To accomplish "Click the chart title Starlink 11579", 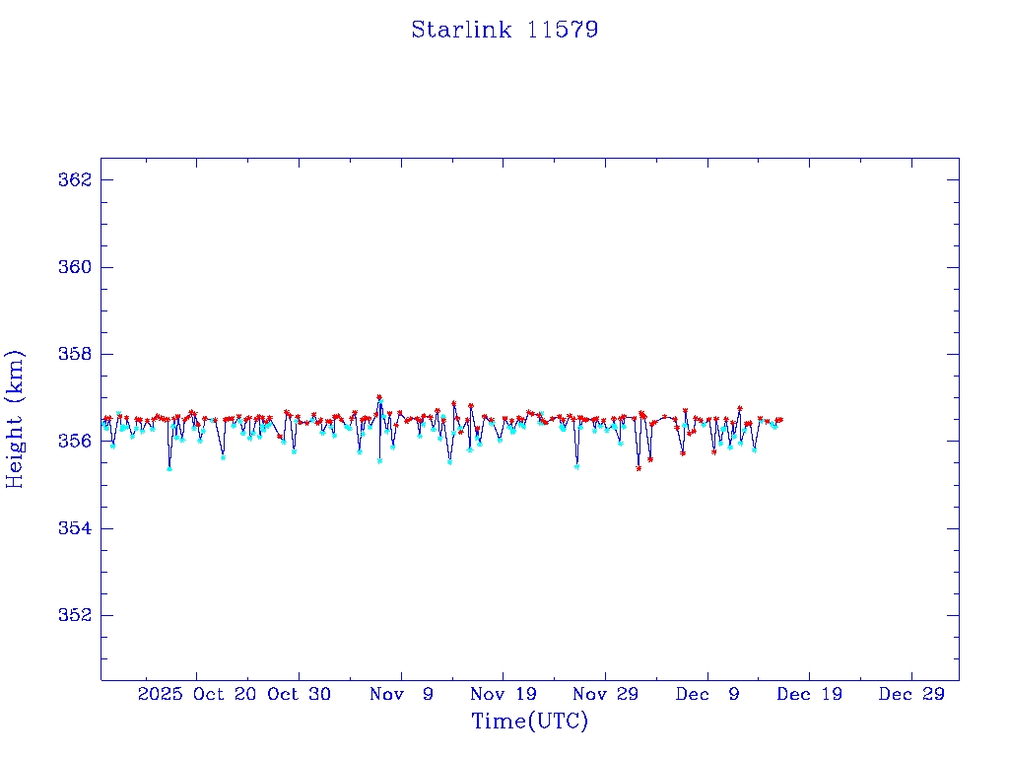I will (504, 30).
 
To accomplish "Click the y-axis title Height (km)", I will (15, 418).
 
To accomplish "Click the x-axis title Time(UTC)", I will (530, 722).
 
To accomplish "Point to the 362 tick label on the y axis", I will (75, 180).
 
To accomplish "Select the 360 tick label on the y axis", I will (75, 267).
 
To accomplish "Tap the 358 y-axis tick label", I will (75, 354).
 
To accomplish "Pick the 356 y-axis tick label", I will (75, 441).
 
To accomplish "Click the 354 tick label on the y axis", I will (75, 528).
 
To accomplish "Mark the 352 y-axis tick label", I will (75, 615).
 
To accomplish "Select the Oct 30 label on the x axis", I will (300, 694).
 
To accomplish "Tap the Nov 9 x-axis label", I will (401, 694).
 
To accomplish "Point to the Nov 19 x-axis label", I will (504, 694).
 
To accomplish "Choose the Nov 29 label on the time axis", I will (605, 694).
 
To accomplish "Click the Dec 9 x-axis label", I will (707, 694).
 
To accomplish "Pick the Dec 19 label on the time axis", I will (809, 694).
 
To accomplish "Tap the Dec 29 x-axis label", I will (911, 694).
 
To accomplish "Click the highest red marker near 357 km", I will (379, 397).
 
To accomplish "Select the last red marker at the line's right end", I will (780, 420).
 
